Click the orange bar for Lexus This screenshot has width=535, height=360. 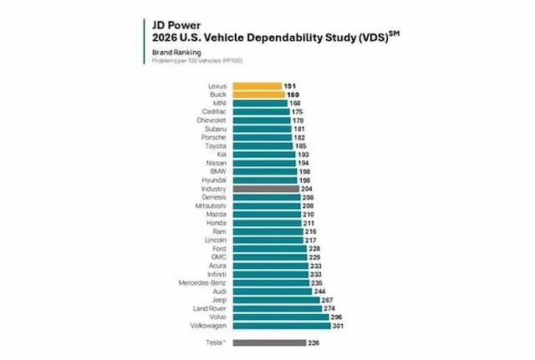tap(257, 85)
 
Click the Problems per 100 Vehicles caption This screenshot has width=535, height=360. tap(197, 61)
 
